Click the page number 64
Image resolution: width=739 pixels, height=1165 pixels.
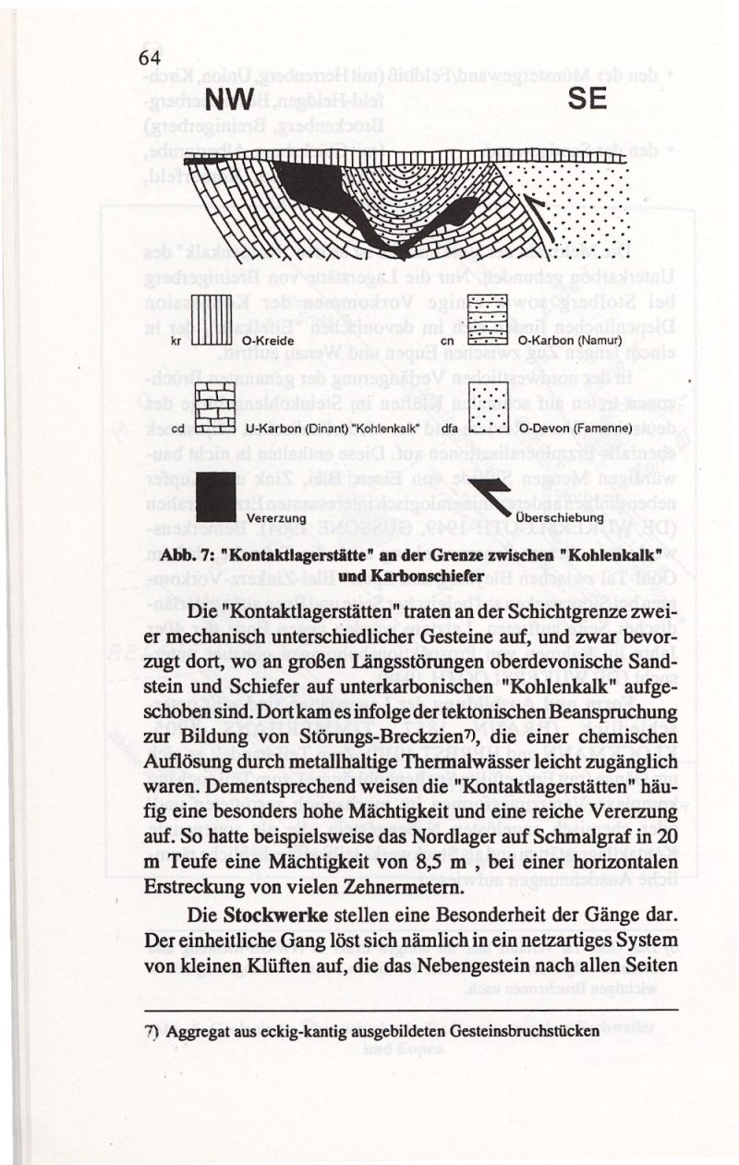point(151,58)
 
